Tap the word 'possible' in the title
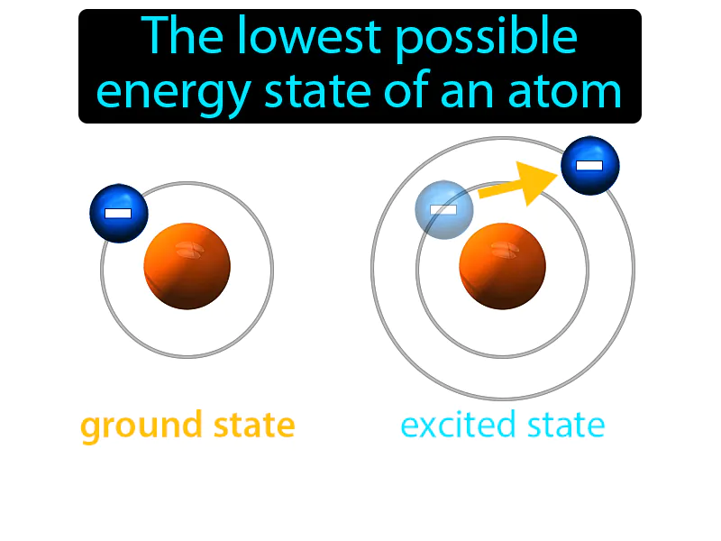pyautogui.click(x=483, y=39)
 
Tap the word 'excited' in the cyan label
pyautogui.click(x=457, y=425)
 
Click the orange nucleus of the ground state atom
pyautogui.click(x=187, y=266)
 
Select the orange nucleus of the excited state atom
pyautogui.click(x=502, y=266)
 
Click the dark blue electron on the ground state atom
pyautogui.click(x=118, y=214)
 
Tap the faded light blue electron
pyautogui.click(x=443, y=209)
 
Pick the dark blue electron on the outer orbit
pyautogui.click(x=589, y=166)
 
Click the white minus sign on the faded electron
pyautogui.click(x=443, y=209)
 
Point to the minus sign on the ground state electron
pyautogui.click(x=118, y=214)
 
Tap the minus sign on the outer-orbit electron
pyautogui.click(x=589, y=166)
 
